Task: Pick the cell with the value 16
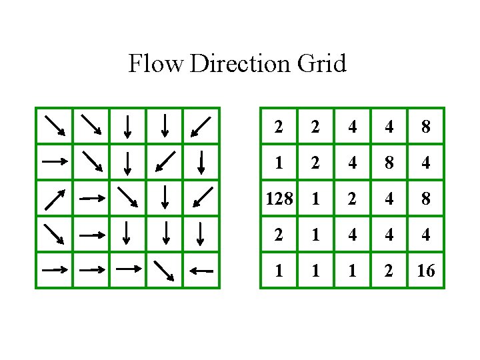click(x=425, y=271)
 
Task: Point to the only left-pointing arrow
click(x=201, y=271)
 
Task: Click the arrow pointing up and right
click(x=54, y=198)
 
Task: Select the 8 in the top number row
click(x=425, y=126)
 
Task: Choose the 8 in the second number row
click(x=389, y=162)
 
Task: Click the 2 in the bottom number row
click(x=389, y=271)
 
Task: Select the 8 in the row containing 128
click(x=425, y=199)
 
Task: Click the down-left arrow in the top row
click(x=201, y=125)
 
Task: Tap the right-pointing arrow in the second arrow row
click(x=54, y=161)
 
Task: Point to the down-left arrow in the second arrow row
click(x=164, y=161)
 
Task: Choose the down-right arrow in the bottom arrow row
click(x=164, y=270)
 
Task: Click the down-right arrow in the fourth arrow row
click(x=54, y=234)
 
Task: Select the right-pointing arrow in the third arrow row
click(x=91, y=198)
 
